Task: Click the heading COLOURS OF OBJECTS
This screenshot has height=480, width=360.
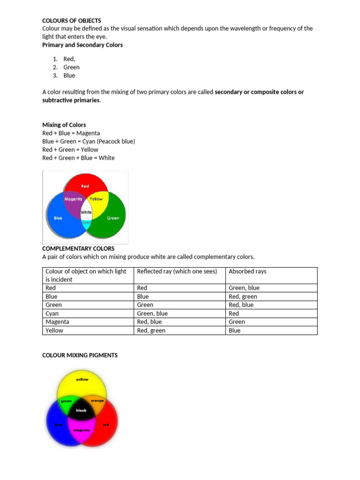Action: pos(71,21)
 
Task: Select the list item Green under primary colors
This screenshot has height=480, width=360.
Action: pos(71,67)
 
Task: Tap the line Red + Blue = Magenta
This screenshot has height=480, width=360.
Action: pos(71,133)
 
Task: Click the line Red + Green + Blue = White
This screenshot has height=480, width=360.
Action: pos(78,158)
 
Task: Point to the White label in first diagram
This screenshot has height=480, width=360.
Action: pos(86,212)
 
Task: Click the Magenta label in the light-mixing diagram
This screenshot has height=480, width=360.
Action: pos(73,199)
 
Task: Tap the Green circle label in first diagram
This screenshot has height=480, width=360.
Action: pos(113,218)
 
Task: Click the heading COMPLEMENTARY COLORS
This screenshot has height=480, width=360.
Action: pos(78,248)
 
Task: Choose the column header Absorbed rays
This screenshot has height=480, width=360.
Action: pos(247,271)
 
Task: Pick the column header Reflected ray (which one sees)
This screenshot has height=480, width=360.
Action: pos(177,271)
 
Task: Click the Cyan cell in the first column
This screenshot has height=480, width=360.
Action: pos(52,314)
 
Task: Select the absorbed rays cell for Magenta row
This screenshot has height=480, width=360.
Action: pos(237,322)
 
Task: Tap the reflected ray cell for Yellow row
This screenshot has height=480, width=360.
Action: pos(151,330)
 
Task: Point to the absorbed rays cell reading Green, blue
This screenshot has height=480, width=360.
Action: pos(244,288)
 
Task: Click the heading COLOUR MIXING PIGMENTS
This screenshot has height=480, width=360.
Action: pos(80,355)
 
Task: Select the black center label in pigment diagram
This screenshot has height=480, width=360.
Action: pos(81,410)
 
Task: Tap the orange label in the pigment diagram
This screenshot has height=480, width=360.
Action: pos(97,401)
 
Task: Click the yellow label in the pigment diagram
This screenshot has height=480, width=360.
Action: pos(82,379)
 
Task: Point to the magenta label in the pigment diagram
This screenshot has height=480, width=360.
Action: pos(81,430)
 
